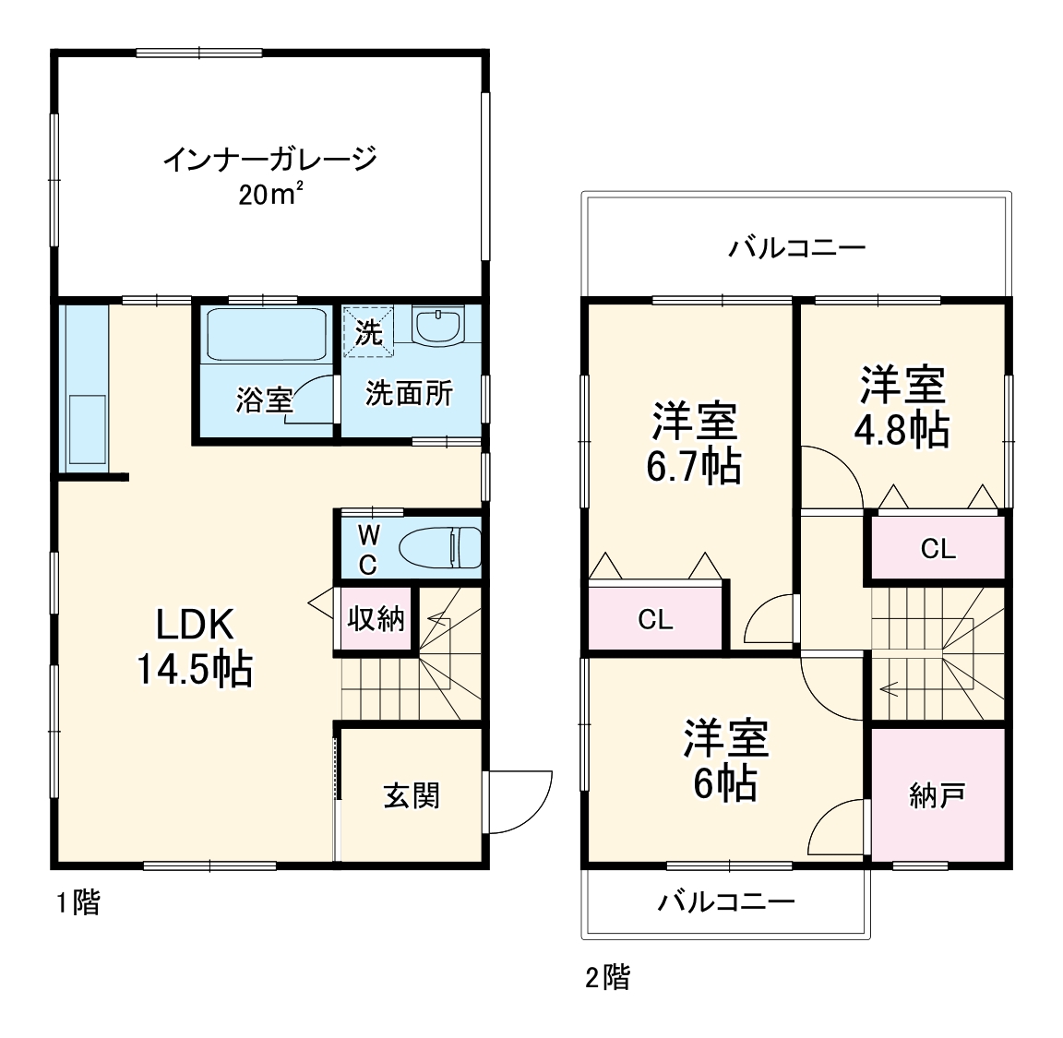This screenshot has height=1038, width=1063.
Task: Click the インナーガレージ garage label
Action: (270, 160)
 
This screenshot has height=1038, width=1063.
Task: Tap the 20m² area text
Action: (270, 196)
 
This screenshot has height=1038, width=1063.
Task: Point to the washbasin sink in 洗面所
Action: (436, 327)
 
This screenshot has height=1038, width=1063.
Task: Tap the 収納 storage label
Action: (376, 619)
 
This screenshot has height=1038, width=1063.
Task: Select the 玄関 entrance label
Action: (412, 795)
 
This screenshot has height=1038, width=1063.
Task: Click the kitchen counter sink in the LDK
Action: (87, 430)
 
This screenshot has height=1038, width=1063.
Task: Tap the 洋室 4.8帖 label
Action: (903, 407)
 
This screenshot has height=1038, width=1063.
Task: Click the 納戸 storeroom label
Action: (938, 795)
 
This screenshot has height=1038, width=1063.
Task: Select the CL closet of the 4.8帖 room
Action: (938, 549)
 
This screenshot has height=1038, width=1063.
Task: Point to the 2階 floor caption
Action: (607, 976)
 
